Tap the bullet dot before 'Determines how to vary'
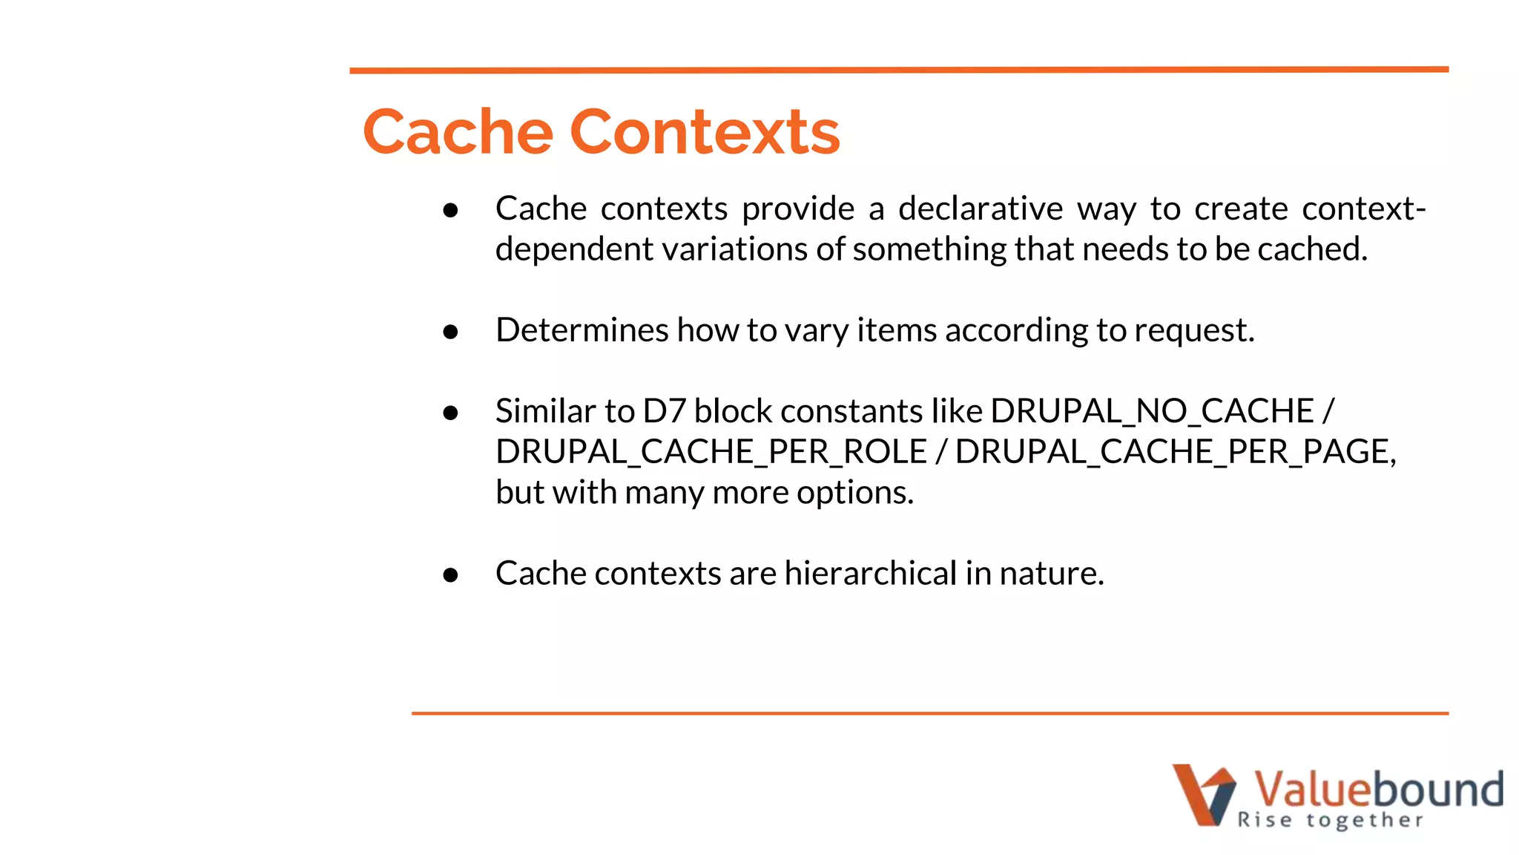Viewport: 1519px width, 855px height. click(x=450, y=332)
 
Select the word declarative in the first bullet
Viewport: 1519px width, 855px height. click(x=981, y=209)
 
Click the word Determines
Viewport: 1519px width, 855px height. click(x=581, y=330)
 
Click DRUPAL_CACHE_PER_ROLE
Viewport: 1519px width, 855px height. click(x=711, y=452)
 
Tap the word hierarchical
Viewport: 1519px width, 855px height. click(x=871, y=574)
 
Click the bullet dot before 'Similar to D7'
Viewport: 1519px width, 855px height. click(x=450, y=413)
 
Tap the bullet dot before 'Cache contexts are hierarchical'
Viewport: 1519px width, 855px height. click(x=450, y=574)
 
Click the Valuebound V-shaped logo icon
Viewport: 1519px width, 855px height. click(x=1203, y=794)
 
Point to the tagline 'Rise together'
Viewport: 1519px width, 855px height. click(x=1330, y=820)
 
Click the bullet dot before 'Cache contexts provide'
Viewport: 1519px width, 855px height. click(x=450, y=211)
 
